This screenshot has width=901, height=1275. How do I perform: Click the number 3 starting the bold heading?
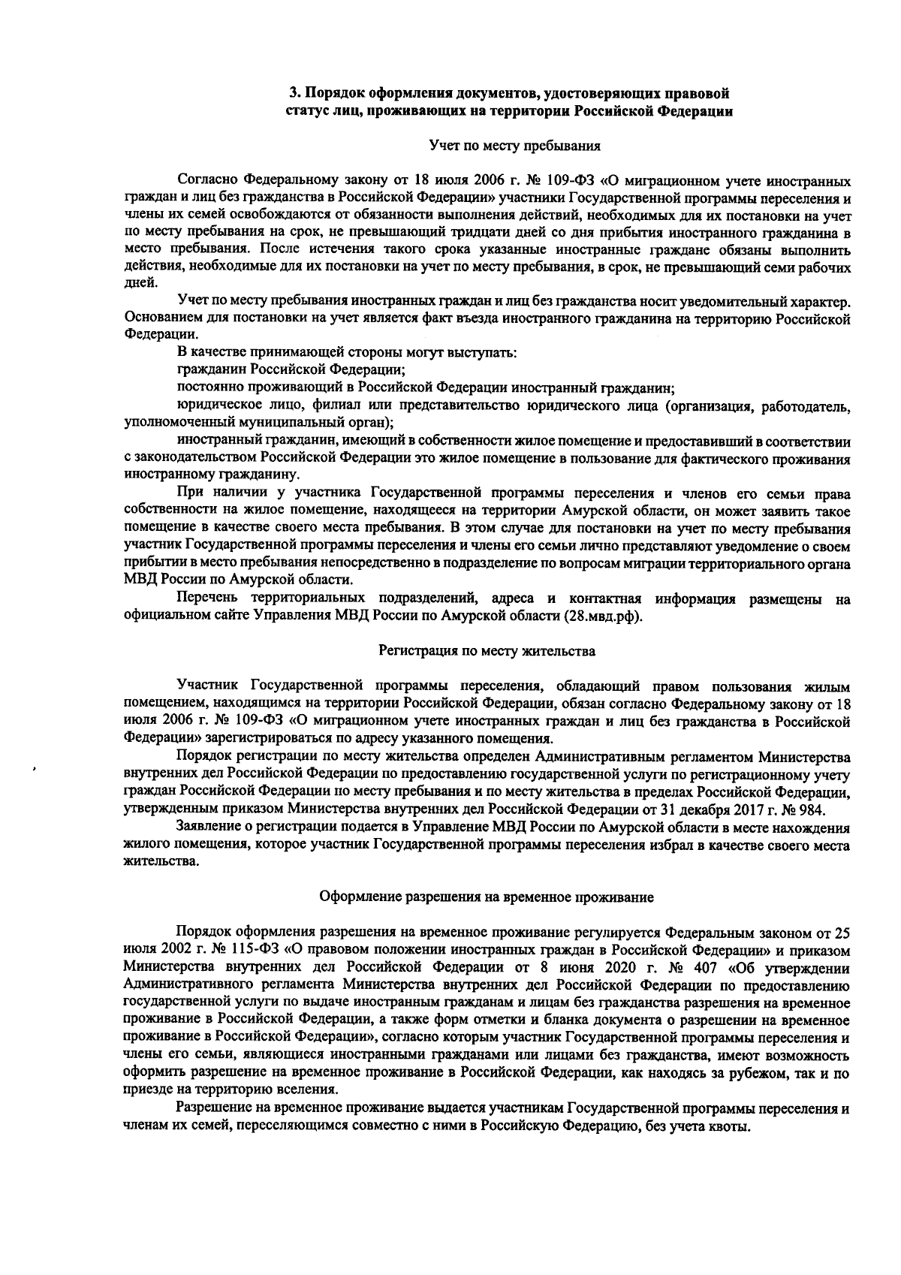[294, 94]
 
